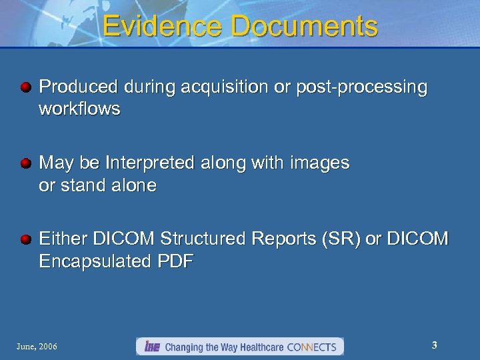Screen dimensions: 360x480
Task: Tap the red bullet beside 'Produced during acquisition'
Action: (x=25, y=87)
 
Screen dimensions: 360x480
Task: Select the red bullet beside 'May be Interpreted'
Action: (x=25, y=163)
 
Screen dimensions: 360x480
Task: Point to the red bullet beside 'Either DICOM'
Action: (x=25, y=239)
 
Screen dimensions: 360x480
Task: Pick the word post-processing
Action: (x=361, y=87)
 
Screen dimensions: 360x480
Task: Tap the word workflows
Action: (x=79, y=109)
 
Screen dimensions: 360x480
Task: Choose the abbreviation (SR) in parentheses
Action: (x=343, y=239)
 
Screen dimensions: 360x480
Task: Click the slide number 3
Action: (x=434, y=345)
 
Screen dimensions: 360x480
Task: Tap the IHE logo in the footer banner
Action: (x=151, y=347)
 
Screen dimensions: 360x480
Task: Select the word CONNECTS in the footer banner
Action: (x=312, y=347)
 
